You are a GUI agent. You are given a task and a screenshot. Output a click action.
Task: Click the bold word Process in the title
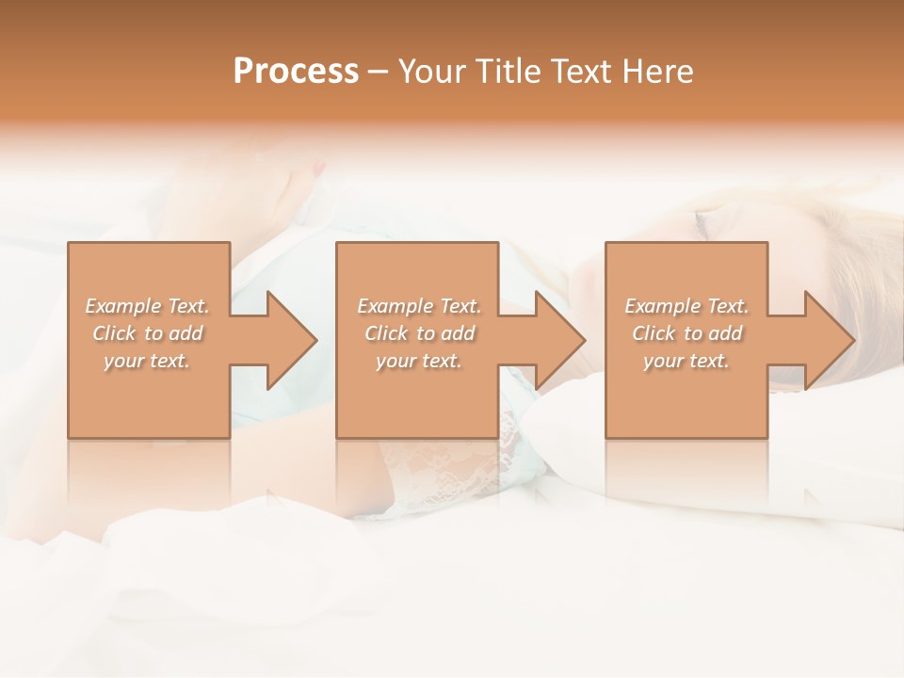[296, 72]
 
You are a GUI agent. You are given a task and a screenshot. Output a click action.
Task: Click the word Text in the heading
[581, 72]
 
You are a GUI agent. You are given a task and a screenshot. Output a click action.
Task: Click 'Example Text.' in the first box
[148, 306]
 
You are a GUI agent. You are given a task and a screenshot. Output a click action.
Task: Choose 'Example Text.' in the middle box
[419, 306]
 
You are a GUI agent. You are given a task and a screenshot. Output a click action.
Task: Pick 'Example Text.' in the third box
[686, 306]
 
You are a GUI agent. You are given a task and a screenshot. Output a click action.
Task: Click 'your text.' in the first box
[147, 361]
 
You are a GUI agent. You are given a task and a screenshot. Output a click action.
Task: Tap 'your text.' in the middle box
[418, 361]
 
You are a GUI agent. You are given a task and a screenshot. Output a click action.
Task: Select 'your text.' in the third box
[686, 361]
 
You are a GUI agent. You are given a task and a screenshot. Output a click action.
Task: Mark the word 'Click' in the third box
[654, 333]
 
